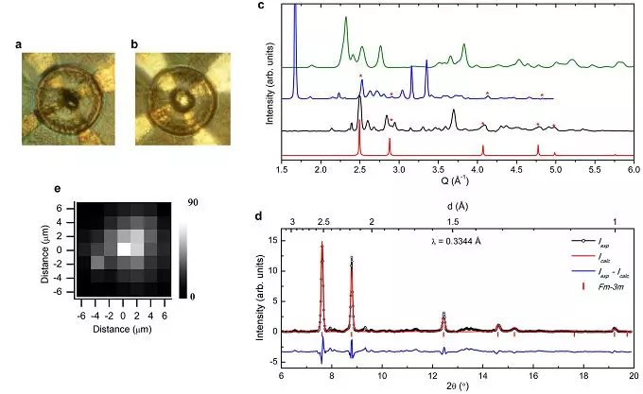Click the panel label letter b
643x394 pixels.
click(x=136, y=43)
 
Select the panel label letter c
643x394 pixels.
click(x=260, y=7)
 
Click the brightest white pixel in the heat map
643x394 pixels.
click(x=123, y=249)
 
